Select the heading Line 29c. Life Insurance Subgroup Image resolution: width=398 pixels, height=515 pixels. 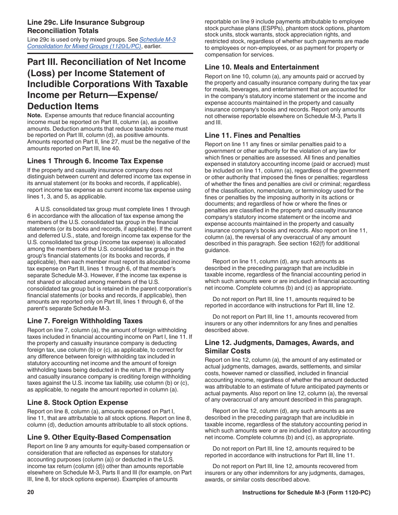click(85, 26)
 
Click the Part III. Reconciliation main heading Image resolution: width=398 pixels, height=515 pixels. click(107, 84)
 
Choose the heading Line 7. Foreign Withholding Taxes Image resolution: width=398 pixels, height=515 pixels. click(85, 321)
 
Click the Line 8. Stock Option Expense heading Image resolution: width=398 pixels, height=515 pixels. click(78, 402)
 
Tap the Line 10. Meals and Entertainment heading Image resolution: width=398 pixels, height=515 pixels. click(262, 67)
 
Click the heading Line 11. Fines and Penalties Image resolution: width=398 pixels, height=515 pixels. click(252, 135)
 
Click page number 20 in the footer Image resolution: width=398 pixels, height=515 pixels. click(31, 492)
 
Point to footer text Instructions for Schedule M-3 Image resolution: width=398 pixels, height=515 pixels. click(306, 493)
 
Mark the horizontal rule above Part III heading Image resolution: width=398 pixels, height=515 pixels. click(110, 54)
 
